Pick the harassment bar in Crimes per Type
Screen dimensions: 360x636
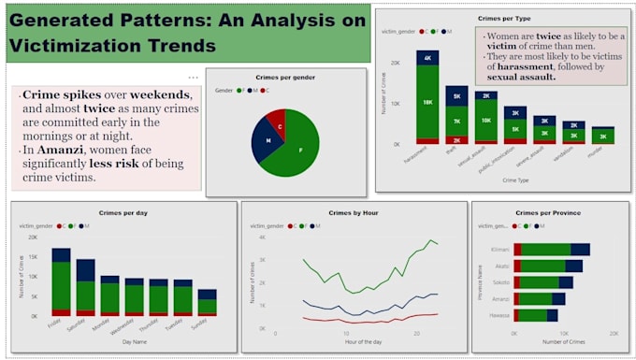point(427,103)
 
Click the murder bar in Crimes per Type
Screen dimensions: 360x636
point(603,136)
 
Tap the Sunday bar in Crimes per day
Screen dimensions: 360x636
point(207,303)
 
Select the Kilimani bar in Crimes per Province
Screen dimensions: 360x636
point(552,249)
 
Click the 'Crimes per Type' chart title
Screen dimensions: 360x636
point(503,17)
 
